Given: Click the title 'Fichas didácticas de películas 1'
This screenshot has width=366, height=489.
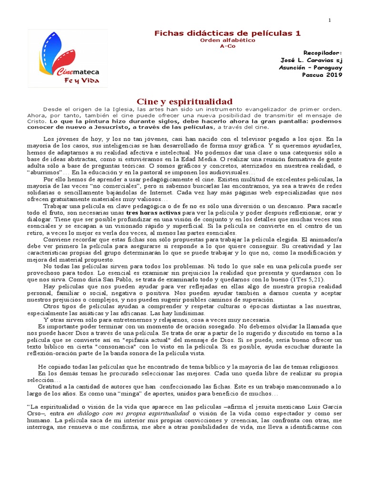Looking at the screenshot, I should (x=227, y=33).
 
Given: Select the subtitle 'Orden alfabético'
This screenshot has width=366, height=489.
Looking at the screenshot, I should (x=227, y=40).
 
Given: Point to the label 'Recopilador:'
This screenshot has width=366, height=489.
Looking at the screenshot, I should (x=323, y=53).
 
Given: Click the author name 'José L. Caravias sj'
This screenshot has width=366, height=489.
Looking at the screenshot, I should (x=312, y=60).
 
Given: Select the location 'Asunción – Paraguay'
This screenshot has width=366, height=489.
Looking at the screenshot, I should (x=310, y=68).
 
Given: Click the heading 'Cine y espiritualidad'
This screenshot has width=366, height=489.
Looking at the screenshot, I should (x=184, y=101).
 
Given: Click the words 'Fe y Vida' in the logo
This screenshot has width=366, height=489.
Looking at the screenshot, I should (x=82, y=80).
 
